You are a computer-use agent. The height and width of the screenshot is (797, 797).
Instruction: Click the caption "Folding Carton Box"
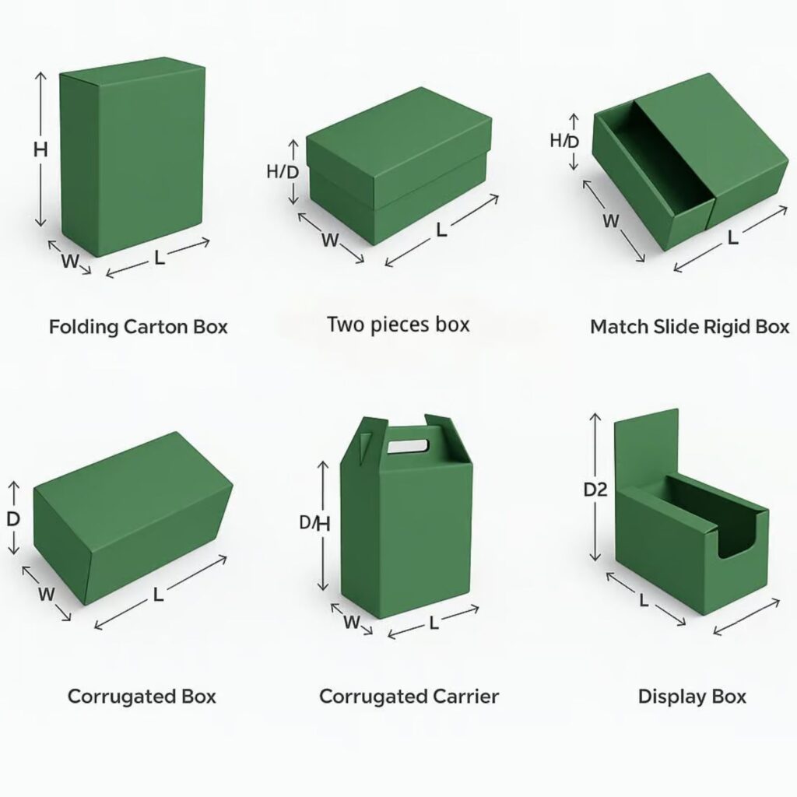point(139,326)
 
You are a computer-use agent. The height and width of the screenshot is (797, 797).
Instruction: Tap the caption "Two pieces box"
point(398,323)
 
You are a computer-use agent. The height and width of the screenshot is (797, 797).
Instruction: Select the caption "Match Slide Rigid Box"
point(689,326)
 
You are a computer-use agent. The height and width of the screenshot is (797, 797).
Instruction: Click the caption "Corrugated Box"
point(142,695)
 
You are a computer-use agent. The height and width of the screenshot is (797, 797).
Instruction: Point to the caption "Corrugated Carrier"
point(409,695)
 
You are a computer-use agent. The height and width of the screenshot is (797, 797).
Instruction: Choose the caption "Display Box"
point(692,695)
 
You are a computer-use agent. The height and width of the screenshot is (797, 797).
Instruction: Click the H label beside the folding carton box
point(40,150)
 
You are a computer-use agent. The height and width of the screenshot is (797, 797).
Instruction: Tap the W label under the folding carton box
point(70,262)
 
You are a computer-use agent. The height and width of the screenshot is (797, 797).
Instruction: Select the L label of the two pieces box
point(441,230)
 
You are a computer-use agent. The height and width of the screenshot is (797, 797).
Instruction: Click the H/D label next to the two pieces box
point(282,172)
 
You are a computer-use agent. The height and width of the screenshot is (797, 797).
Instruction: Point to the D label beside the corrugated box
point(13,518)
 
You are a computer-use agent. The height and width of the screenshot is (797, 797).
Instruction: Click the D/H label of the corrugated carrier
point(314,524)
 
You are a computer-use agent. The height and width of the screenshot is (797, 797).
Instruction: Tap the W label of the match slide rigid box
point(611,221)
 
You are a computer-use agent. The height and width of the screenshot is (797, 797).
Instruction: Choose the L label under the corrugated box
point(158,595)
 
